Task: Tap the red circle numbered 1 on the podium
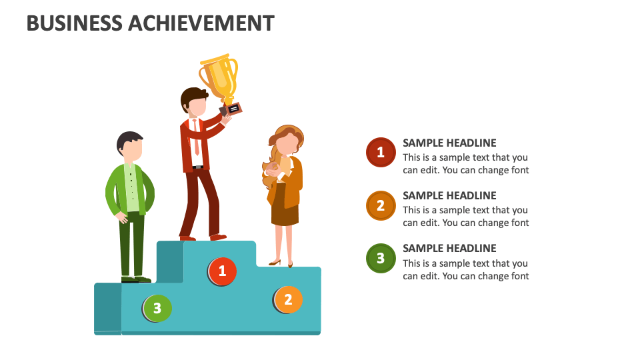[x=222, y=271]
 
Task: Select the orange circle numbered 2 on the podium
[x=288, y=300]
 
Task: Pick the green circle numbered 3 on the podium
[x=157, y=308]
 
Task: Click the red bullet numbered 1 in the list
[x=381, y=153]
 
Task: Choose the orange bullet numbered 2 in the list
[x=381, y=205]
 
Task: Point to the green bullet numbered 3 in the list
[x=381, y=258]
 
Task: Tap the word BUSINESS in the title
[x=75, y=23]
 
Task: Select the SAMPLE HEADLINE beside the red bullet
[x=449, y=143]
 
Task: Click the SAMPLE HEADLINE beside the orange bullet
[x=449, y=195]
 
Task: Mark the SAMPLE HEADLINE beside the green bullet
[x=449, y=248]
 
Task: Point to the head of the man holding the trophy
[x=194, y=103]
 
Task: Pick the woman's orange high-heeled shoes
[x=281, y=263]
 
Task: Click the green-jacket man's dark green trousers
[x=132, y=243]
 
